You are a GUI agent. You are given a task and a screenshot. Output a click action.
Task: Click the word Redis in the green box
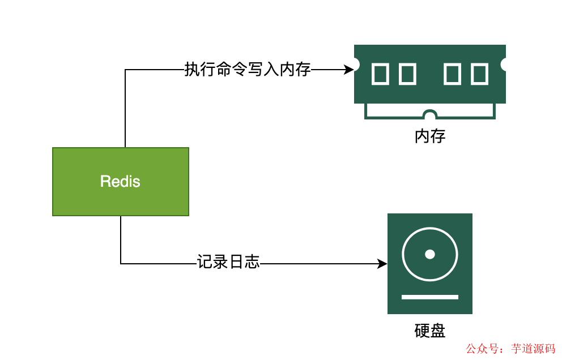[x=120, y=182]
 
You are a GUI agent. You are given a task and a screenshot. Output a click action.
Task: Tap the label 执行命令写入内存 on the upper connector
[x=248, y=70]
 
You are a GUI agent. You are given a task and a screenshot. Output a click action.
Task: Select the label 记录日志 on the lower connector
[x=228, y=262]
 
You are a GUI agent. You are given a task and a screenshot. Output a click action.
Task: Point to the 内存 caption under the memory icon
[x=430, y=136]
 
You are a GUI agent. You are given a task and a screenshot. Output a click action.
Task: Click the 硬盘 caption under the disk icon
[x=430, y=331]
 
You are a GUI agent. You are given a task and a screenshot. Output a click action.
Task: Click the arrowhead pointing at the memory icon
[x=349, y=70]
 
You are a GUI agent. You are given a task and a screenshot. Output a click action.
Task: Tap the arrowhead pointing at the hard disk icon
[x=382, y=264]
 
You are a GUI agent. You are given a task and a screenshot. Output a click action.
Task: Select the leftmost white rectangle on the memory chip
[x=380, y=74]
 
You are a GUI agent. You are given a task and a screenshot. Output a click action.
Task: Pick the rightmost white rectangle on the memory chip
[x=480, y=74]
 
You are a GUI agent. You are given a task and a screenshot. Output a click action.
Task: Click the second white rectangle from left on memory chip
[x=407, y=74]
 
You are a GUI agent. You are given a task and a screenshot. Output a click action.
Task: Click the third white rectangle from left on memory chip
[x=453, y=74]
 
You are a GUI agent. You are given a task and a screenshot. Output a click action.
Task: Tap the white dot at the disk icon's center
[x=430, y=254]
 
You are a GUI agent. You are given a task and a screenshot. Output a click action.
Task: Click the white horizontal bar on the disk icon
[x=430, y=297]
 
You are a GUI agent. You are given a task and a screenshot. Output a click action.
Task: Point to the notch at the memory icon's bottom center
[x=430, y=115]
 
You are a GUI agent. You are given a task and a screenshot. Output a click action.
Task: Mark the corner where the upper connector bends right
[x=125, y=70]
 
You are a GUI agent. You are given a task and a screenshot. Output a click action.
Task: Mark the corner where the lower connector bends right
[x=121, y=264]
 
